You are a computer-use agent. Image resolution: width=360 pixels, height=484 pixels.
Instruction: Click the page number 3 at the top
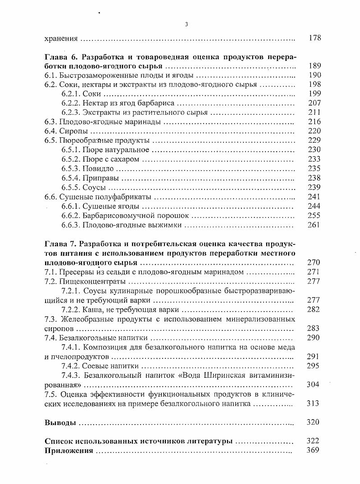tap(186, 24)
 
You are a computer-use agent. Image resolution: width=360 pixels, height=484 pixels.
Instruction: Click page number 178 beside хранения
tap(314, 38)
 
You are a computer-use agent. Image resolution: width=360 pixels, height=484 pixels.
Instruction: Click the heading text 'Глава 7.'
tap(61, 244)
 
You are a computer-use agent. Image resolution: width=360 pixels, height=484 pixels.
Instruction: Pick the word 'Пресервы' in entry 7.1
tap(75, 272)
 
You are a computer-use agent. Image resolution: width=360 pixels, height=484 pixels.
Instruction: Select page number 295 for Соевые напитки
tap(313, 366)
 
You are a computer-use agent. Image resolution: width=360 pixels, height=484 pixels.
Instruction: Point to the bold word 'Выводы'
tap(60, 422)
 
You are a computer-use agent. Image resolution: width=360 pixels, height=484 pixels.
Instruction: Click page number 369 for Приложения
tap(313, 450)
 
